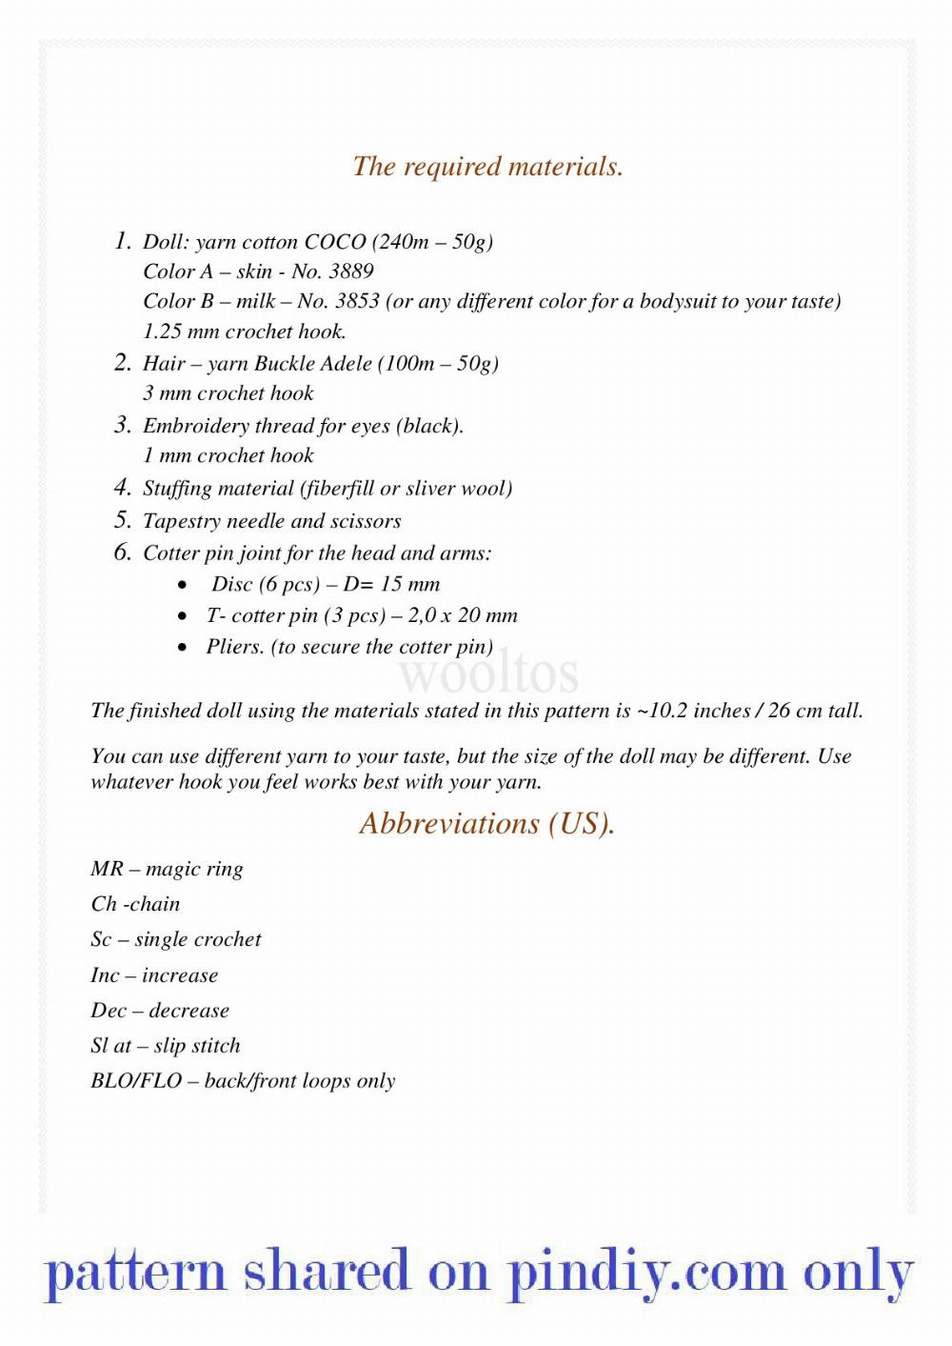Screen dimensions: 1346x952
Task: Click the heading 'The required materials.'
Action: click(487, 167)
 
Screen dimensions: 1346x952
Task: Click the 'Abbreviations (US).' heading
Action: click(487, 823)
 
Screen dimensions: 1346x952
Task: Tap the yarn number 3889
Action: click(351, 271)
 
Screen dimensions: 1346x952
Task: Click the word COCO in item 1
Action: click(335, 242)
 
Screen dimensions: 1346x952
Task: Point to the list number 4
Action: click(122, 488)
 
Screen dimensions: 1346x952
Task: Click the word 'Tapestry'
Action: click(181, 521)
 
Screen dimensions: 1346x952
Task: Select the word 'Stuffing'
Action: click(178, 489)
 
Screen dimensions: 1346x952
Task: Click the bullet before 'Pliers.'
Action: click(182, 647)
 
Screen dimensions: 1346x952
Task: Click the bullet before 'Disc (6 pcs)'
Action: click(182, 585)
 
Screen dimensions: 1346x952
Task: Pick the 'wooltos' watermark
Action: click(487, 673)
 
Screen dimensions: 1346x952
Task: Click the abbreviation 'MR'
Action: click(107, 869)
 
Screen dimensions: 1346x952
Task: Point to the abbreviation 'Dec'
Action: click(109, 1011)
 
